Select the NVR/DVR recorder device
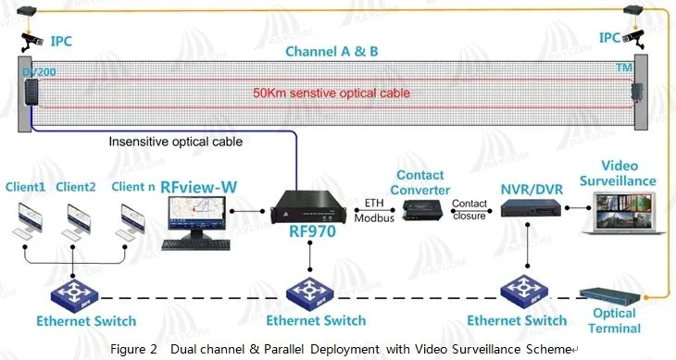click(527, 209)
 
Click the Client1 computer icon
click(29, 218)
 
